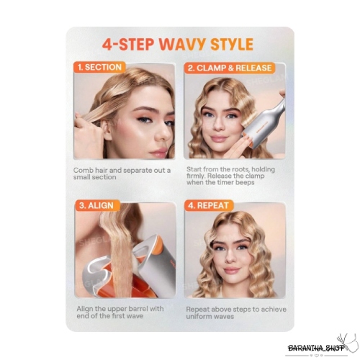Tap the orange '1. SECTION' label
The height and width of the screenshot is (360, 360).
coord(100,67)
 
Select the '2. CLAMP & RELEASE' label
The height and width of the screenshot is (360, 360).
coord(230,68)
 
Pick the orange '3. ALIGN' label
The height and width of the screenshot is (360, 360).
coord(96,206)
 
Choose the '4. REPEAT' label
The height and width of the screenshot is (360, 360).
coord(208,206)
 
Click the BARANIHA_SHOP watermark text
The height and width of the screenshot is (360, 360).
coord(316,348)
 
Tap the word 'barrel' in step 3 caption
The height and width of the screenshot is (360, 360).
coord(135,309)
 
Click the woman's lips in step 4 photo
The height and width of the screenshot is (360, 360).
coord(231,271)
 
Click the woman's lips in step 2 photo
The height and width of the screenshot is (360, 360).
coord(220,139)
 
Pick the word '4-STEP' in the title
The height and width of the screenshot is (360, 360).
coord(128,44)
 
